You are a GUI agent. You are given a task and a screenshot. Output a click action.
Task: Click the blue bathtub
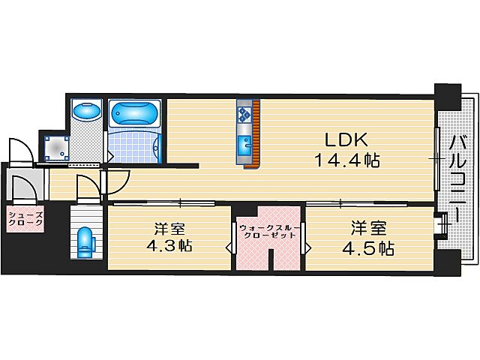click(135, 115)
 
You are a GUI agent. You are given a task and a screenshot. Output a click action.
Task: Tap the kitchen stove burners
click(244, 113)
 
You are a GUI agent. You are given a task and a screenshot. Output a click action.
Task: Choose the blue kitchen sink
click(244, 145)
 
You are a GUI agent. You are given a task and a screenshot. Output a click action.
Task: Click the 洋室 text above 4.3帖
click(169, 226)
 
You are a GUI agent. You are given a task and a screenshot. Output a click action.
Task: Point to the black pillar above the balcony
click(449, 96)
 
